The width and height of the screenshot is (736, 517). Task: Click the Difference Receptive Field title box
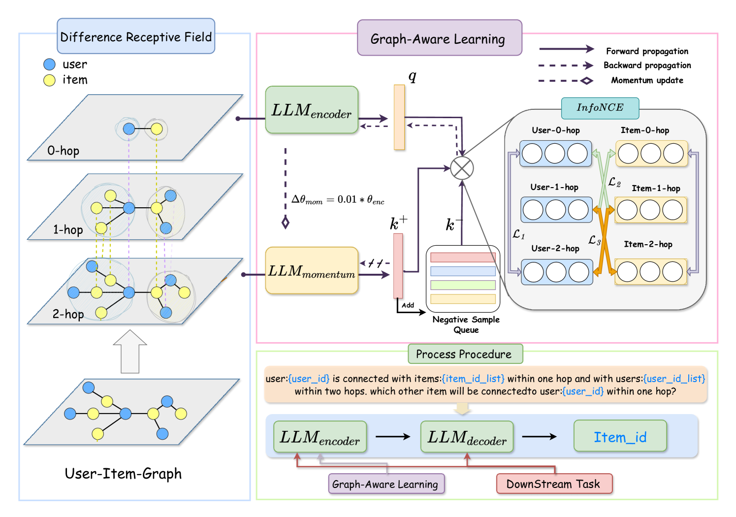[136, 36]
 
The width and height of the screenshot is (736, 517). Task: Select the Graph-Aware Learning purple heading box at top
[439, 38]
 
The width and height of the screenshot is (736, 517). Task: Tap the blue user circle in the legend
[49, 64]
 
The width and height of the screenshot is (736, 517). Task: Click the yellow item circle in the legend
[49, 80]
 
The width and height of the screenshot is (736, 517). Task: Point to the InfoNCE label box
[600, 108]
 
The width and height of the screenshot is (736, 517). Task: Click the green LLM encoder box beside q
[312, 110]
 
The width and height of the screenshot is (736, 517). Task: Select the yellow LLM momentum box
[312, 270]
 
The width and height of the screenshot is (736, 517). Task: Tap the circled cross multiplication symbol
[462, 168]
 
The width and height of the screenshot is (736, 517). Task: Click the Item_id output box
[620, 436]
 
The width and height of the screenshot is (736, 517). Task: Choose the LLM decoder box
[467, 436]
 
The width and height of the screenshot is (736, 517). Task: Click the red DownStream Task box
[554, 484]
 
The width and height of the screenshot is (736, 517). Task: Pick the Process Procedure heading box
[465, 354]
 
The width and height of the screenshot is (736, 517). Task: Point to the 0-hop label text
[63, 151]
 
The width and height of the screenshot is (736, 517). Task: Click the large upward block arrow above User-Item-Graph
[130, 352]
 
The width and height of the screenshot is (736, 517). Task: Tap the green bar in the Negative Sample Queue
[463, 285]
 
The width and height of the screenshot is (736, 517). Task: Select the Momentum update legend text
[647, 80]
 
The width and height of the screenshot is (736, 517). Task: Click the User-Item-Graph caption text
[123, 474]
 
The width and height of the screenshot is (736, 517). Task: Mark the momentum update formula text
[338, 199]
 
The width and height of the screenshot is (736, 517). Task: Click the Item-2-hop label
[648, 244]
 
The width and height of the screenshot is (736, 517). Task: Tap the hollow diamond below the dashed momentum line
[285, 223]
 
